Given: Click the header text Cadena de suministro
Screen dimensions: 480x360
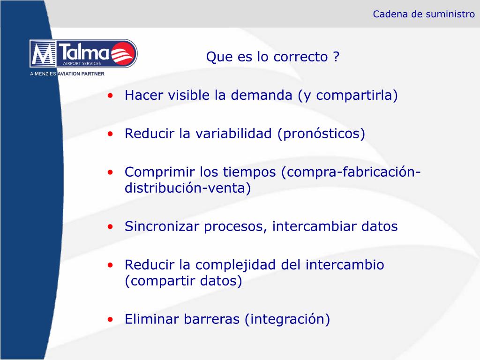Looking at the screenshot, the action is tap(424, 14).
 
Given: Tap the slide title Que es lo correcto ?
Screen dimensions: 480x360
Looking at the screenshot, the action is tap(273, 57).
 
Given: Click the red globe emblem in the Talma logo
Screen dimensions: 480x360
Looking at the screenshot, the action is tap(123, 53).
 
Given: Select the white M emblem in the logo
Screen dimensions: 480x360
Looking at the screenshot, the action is tap(43, 53).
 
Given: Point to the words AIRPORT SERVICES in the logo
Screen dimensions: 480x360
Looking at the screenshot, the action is tap(82, 63).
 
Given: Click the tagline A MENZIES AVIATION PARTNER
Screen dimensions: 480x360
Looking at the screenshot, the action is tap(67, 74).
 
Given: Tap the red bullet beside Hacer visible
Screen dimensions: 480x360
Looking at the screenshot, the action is tap(110, 96).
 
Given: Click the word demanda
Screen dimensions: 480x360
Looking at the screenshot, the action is tap(262, 95).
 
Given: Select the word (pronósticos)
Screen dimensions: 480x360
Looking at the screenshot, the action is tap(321, 134).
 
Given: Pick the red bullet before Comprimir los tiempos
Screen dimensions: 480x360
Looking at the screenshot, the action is tap(110, 172).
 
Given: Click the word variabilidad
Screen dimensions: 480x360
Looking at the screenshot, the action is tap(233, 134).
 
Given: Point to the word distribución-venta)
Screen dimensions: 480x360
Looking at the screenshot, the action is tap(187, 188).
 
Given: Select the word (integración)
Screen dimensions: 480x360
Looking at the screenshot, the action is tap(287, 319).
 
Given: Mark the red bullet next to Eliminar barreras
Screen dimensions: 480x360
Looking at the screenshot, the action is tap(110, 320).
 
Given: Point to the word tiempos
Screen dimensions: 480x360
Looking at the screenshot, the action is tap(249, 172).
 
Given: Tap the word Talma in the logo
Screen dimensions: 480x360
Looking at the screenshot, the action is tap(84, 52).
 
